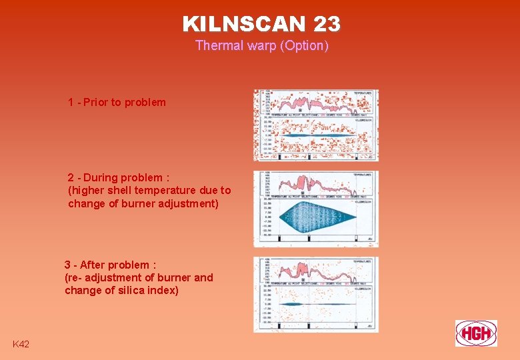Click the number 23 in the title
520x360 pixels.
tap(327, 24)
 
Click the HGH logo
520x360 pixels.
tap(476, 333)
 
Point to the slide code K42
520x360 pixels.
tap(21, 344)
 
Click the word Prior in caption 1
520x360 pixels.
tap(96, 103)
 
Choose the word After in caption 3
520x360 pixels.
tap(93, 265)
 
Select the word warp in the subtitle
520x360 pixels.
tap(261, 46)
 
